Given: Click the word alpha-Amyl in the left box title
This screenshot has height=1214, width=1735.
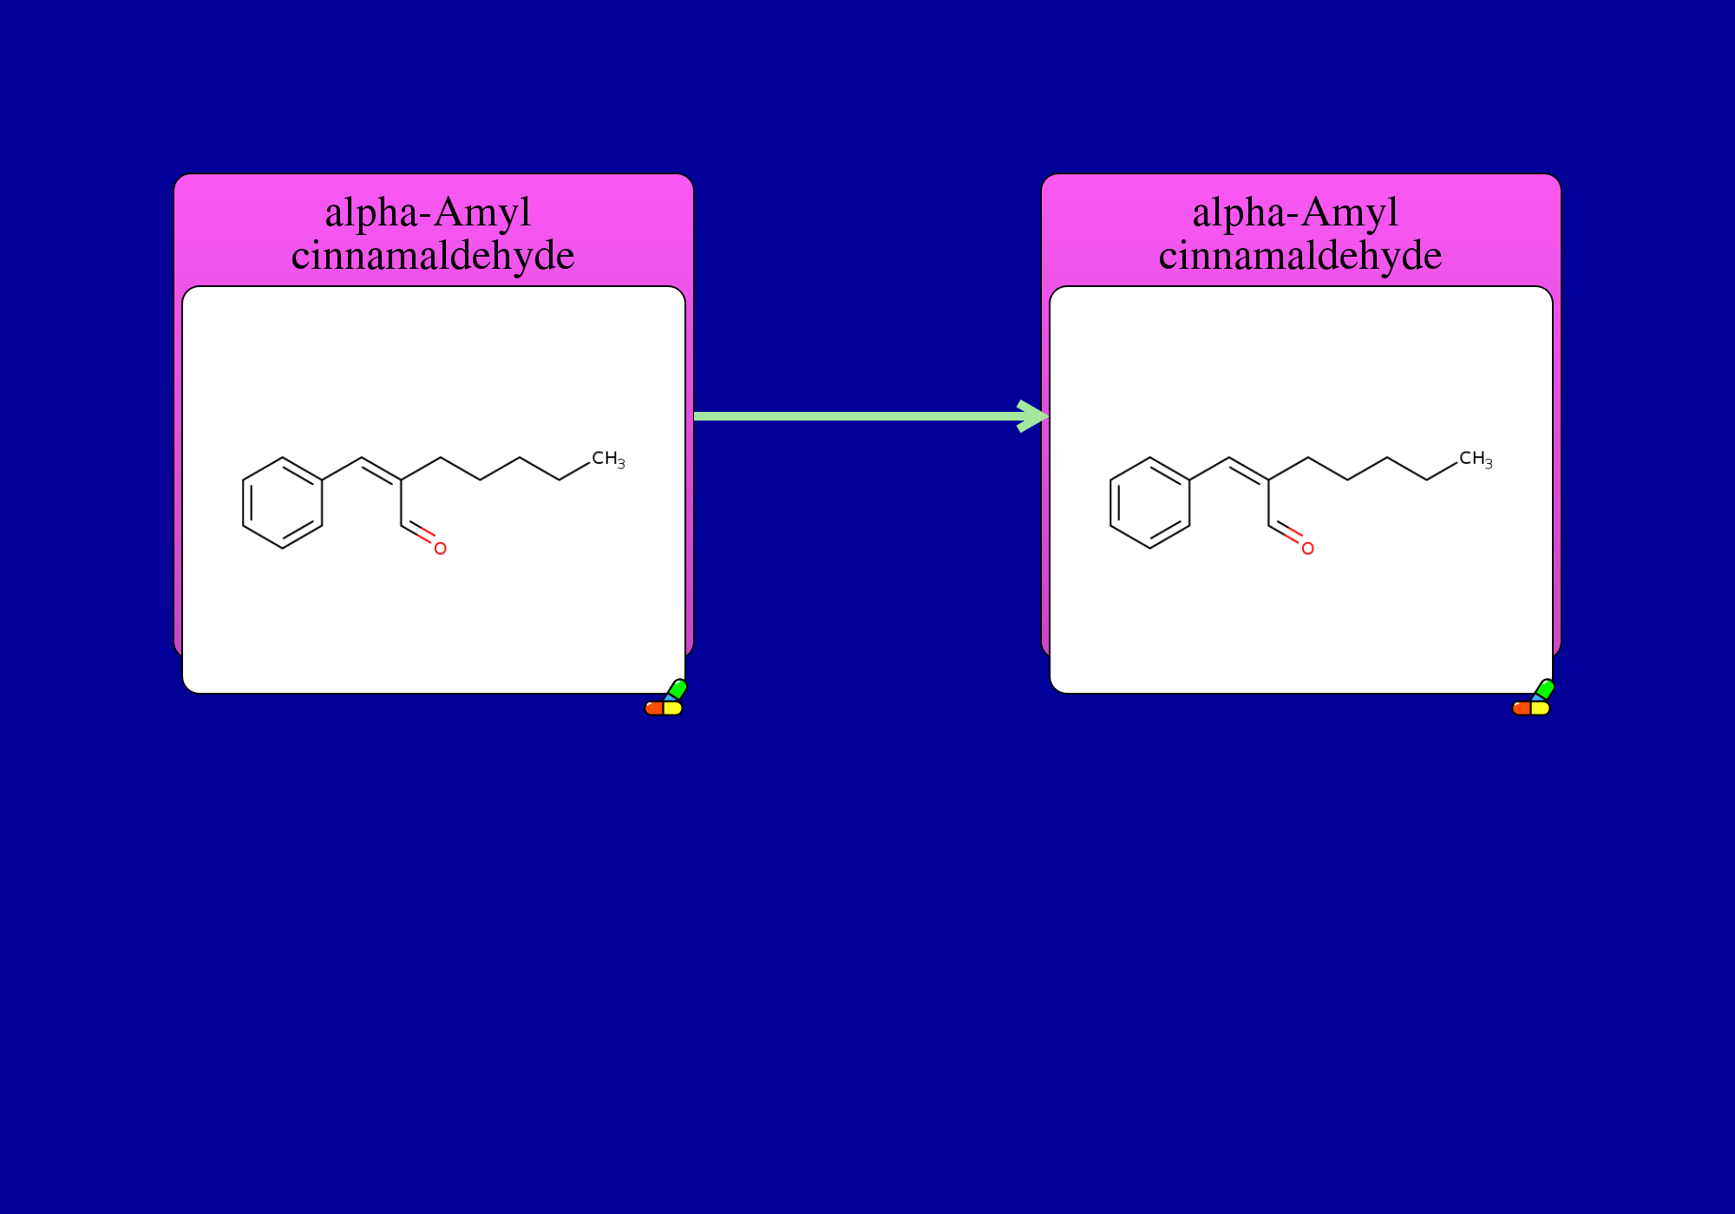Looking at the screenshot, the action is click(x=428, y=213).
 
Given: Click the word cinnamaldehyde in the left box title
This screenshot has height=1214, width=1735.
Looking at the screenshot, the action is click(x=433, y=256).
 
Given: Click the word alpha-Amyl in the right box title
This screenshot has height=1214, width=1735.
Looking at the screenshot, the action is click(x=1295, y=213).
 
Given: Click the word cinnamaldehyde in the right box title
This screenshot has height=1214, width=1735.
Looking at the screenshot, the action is click(x=1300, y=256).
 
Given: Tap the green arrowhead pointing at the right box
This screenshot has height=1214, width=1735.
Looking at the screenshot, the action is click(x=1034, y=416).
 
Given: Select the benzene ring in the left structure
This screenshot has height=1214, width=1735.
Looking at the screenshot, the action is click(x=283, y=503).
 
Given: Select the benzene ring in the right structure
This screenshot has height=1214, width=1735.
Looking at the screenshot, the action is click(x=1150, y=503).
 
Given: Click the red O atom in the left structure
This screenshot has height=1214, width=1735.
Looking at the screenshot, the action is click(x=440, y=548).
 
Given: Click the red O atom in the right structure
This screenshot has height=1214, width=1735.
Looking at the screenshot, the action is click(x=1307, y=548).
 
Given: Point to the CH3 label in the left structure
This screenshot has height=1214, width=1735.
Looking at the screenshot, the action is click(x=608, y=460).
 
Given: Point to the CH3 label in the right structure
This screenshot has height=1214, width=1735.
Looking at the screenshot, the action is click(x=1476, y=460).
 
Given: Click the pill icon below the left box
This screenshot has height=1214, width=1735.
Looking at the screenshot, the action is click(x=665, y=698).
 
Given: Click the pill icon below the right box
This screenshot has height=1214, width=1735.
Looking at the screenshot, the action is click(x=1533, y=698).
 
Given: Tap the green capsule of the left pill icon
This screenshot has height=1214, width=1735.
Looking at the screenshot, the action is click(x=677, y=689).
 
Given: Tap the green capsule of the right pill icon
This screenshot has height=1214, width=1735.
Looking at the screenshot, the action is click(x=1544, y=689).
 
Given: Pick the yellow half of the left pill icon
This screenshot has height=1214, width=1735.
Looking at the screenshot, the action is click(x=673, y=708).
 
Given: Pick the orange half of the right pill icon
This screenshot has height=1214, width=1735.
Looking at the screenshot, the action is click(x=1522, y=708).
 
